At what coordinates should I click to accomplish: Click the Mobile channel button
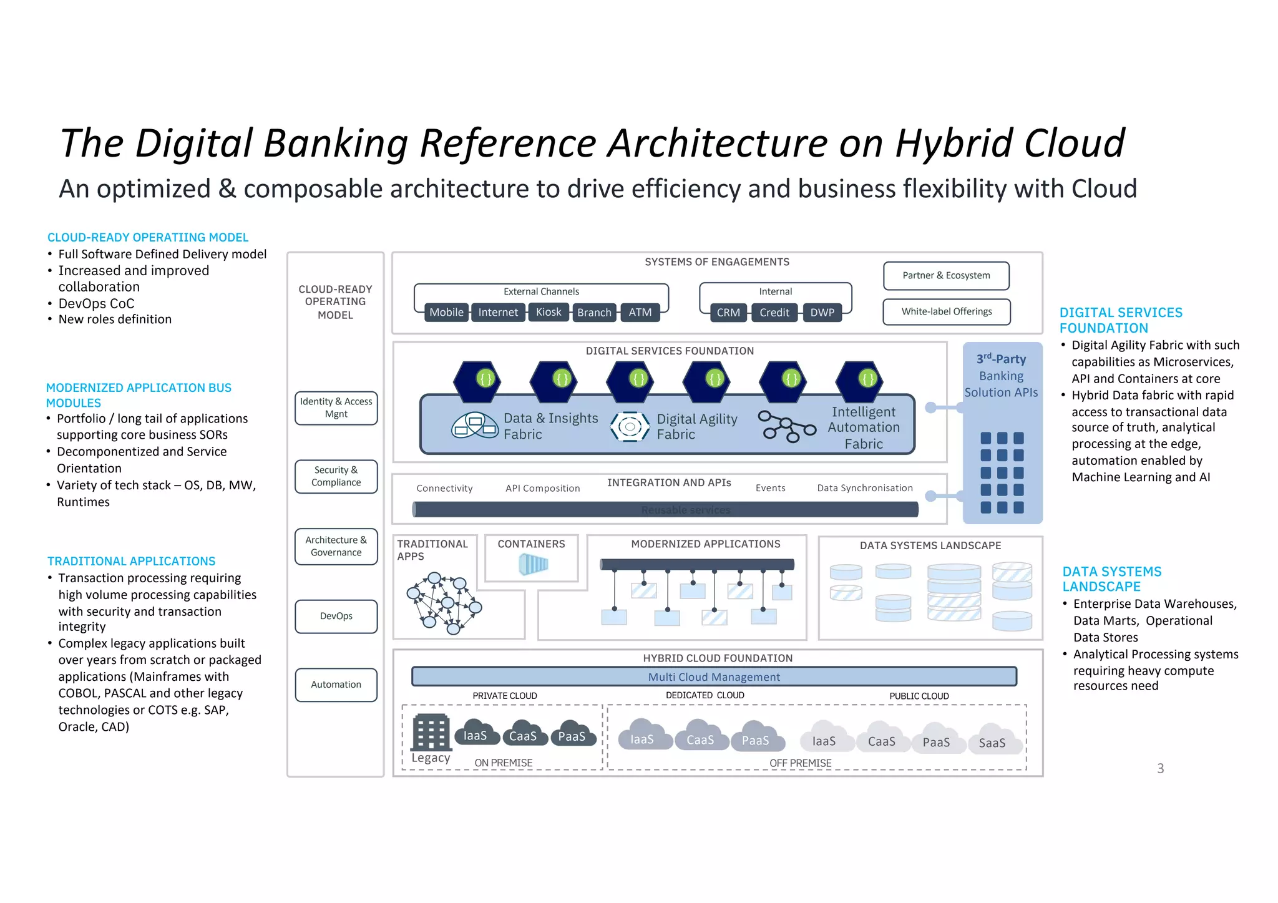[446, 312]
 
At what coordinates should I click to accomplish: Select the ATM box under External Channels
[640, 312]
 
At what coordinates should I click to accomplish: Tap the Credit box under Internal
[774, 312]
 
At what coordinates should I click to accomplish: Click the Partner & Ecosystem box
[946, 275]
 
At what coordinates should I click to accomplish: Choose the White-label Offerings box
[946, 311]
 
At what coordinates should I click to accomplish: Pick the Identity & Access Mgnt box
[336, 408]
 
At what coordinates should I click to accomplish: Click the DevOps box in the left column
[336, 616]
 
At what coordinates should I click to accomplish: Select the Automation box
[336, 685]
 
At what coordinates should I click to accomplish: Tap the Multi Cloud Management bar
[714, 676]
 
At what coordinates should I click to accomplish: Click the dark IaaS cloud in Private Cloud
[476, 735]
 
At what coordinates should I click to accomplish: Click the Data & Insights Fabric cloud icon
[474, 426]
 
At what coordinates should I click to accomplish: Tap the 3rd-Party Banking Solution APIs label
[1001, 376]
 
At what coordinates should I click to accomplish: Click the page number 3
[1160, 769]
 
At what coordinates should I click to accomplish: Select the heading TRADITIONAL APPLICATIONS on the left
[131, 561]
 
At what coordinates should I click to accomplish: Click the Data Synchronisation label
[864, 488]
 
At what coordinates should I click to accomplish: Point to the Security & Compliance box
[336, 476]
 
